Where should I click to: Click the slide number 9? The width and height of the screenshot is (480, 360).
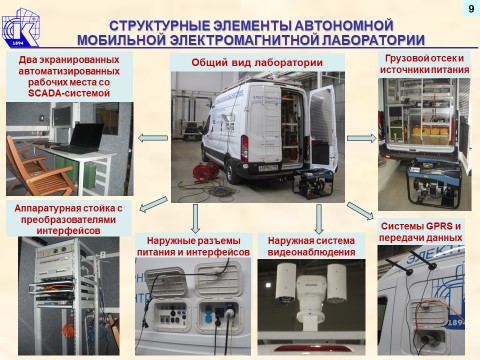[x=471, y=8]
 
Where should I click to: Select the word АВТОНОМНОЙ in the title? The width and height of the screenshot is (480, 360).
[x=344, y=26]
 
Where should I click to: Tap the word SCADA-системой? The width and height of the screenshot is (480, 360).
[x=69, y=93]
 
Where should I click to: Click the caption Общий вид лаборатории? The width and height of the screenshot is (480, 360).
[x=257, y=62]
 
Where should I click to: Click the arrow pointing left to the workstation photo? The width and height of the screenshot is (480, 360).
[x=153, y=138]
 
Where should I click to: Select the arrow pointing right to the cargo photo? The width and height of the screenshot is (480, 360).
[x=362, y=138]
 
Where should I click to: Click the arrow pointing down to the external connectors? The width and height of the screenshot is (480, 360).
[x=196, y=219]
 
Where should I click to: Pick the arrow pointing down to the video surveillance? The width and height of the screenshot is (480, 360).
[x=319, y=219]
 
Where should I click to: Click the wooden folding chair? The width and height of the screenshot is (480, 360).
[x=37, y=168]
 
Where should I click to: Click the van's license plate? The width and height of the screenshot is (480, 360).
[x=268, y=167]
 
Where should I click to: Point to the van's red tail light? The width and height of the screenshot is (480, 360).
[x=245, y=148]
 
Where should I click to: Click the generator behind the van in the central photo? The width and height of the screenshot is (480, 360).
[x=313, y=185]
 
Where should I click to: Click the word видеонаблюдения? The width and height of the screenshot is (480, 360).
[x=311, y=252]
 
